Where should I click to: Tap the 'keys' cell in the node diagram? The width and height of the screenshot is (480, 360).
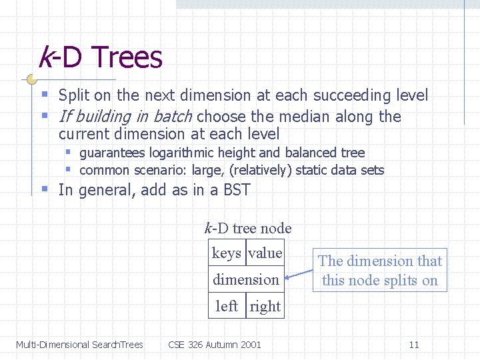click(226, 253)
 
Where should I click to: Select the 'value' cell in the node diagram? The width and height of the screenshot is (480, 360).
click(265, 253)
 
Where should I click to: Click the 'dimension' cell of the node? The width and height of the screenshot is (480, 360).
click(245, 280)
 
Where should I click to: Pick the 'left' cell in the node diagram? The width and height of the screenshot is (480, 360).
click(227, 306)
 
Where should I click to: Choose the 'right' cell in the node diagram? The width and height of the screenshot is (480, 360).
click(265, 307)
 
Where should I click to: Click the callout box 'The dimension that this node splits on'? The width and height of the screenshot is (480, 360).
click(379, 271)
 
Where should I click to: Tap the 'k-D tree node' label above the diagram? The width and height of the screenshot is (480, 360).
click(247, 228)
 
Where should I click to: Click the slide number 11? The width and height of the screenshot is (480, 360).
click(414, 345)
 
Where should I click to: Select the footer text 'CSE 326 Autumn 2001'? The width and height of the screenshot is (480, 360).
click(215, 345)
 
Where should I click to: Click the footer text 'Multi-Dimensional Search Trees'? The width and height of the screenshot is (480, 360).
click(79, 345)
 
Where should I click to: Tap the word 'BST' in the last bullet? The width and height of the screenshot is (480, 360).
click(237, 190)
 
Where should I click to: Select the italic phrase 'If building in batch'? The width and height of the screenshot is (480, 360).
click(125, 117)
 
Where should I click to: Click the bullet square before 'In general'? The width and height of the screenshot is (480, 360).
click(45, 190)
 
